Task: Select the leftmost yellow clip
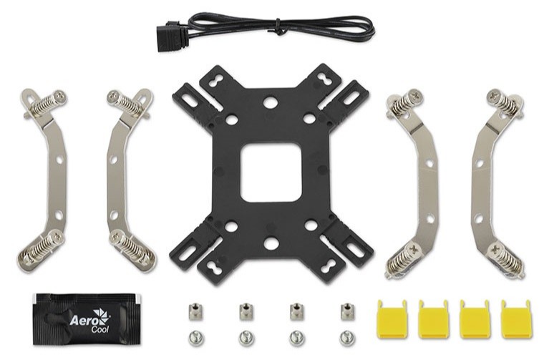tap(392, 319)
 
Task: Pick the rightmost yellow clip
tap(515, 319)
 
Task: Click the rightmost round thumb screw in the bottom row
tap(347, 338)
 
